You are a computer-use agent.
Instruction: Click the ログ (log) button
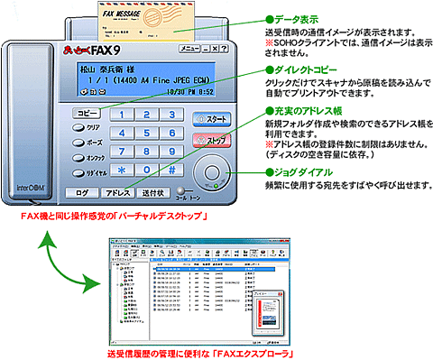pos(81,192)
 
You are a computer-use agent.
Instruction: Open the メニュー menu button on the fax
pos(193,44)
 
